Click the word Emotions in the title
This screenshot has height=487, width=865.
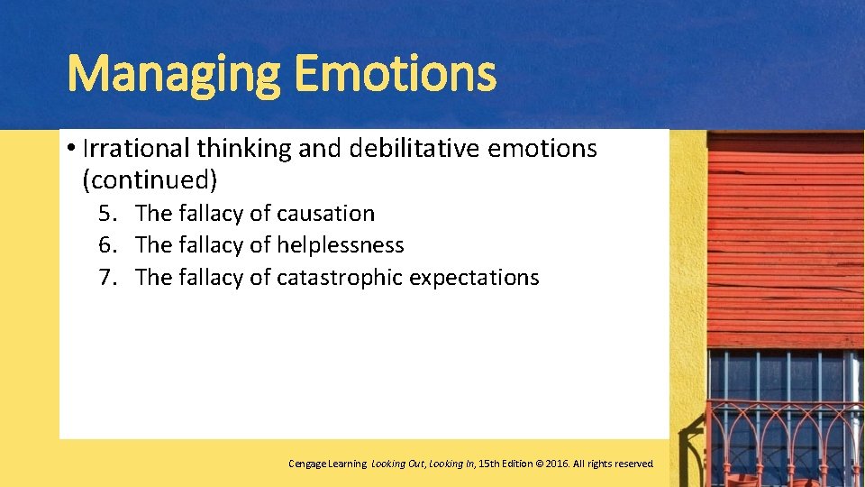coord(395,75)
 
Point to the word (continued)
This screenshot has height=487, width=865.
coord(150,179)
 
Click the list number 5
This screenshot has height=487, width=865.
coord(107,214)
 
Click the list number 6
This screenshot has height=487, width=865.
coord(107,245)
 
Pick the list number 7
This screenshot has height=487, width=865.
coord(107,278)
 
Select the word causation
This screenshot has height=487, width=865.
coord(326,214)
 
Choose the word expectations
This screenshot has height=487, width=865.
coord(474,278)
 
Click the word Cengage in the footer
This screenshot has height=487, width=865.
coord(307,464)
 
